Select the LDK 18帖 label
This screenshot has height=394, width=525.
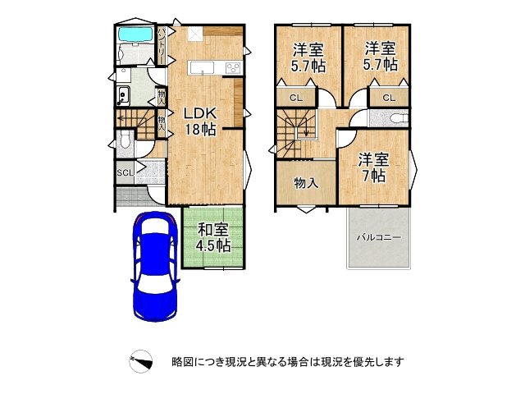click(x=199, y=121)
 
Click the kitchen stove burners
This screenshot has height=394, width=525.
click(x=231, y=68)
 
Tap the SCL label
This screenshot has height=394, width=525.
click(x=124, y=172)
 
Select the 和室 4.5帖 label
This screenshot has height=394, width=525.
click(x=212, y=237)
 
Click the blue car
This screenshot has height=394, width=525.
click(x=154, y=267)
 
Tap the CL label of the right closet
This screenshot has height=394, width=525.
click(x=388, y=98)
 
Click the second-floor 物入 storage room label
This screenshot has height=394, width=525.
click(x=305, y=183)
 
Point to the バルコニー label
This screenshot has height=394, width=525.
click(x=378, y=237)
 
